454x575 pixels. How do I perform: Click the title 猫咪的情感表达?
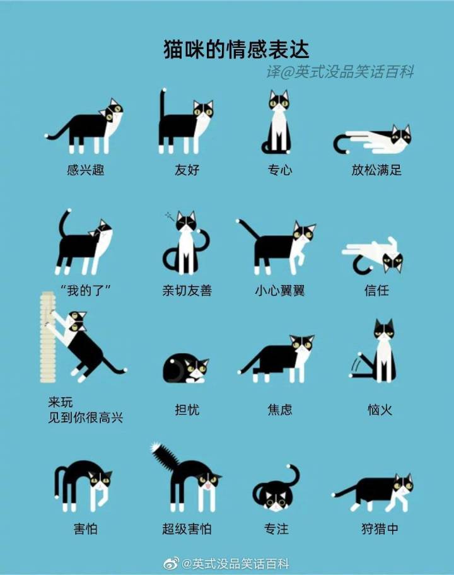[236, 50]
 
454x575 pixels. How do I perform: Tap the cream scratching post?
[48, 337]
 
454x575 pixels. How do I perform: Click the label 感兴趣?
[86, 170]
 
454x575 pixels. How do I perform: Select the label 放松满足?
[376, 170]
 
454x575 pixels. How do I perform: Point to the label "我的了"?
[86, 291]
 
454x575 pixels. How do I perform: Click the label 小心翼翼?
[280, 291]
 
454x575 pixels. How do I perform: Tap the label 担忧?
[187, 410]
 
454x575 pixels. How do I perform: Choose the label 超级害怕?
[187, 529]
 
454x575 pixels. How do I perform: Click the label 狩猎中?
[380, 529]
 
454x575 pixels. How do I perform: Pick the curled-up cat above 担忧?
[185, 368]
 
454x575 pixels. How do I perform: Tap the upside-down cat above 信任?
[373, 255]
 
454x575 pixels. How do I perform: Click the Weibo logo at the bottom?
[171, 563]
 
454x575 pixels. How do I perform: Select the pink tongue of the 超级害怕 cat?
[207, 486]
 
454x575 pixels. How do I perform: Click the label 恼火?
[380, 410]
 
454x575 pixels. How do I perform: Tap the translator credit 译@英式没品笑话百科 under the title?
[340, 71]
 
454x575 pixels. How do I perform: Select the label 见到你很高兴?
[86, 417]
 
